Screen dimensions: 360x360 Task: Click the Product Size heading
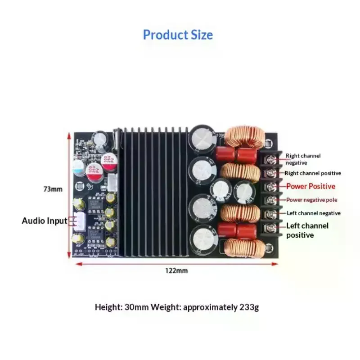coord(178,35)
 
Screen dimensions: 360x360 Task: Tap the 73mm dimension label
coord(53,189)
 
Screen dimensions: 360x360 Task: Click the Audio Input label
coord(45,220)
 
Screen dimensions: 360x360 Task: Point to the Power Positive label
coord(310,186)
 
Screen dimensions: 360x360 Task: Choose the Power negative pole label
coord(311,200)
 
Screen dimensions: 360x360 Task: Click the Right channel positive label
coord(313,173)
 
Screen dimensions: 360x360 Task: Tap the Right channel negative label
coord(303,159)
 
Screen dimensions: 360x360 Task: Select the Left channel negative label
coord(313,213)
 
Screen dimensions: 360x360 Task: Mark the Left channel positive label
coord(307,230)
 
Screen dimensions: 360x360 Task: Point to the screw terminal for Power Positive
coord(270,186)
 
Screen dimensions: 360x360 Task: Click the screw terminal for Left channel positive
coord(270,227)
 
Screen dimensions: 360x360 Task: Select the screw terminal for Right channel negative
coord(270,158)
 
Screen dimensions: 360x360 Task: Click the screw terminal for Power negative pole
coord(270,200)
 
